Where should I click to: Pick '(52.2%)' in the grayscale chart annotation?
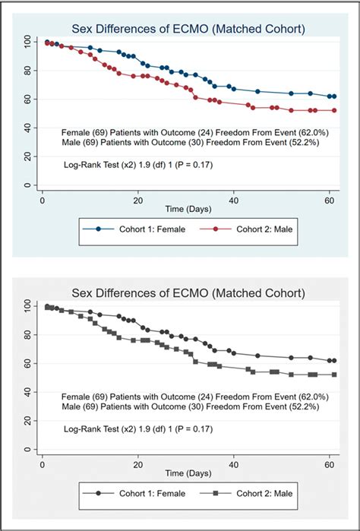[x=292, y=407]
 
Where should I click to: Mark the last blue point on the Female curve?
[x=333, y=96]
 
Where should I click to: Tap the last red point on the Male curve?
[x=333, y=110]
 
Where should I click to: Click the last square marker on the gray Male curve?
[x=333, y=375]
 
